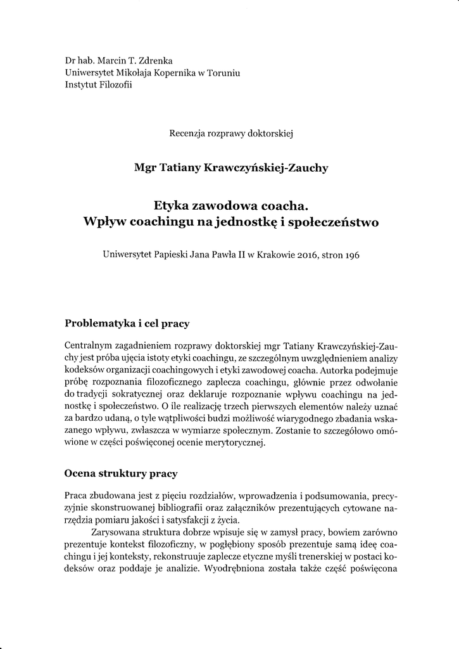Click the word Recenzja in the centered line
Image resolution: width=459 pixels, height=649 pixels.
[x=189, y=133]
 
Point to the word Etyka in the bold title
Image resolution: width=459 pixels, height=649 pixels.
[x=172, y=206]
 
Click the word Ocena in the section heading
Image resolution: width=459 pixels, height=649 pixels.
[x=81, y=473]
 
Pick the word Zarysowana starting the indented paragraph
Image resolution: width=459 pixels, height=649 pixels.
[x=118, y=532]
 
